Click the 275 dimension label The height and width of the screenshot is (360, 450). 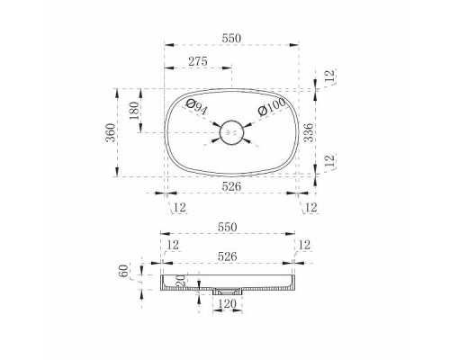point(198,61)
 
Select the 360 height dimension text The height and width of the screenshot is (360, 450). point(111,132)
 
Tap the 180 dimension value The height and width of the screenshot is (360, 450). point(134,111)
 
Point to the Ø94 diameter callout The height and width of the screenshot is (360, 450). point(196,107)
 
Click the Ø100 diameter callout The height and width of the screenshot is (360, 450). point(272,107)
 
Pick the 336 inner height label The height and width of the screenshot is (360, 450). point(308,132)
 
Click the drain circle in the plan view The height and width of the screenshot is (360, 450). point(231,132)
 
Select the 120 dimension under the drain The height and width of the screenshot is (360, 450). point(227,304)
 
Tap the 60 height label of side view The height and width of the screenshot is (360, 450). point(123,271)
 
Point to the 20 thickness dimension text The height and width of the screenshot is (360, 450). point(181,281)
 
